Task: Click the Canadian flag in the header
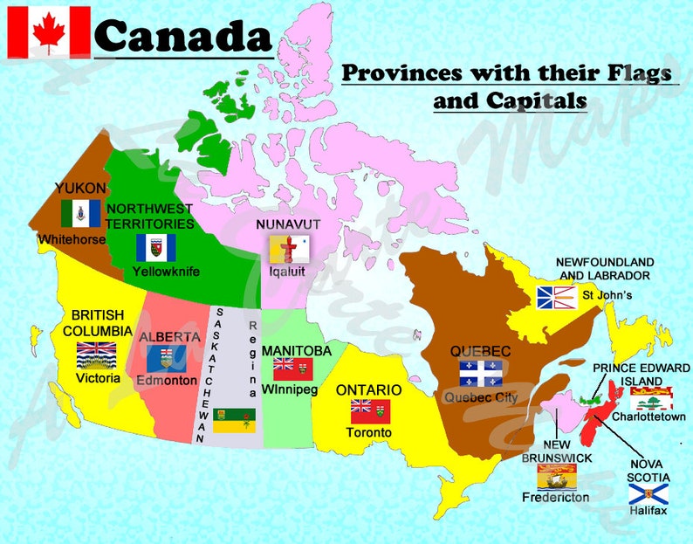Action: [49, 31]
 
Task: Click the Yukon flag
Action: [81, 213]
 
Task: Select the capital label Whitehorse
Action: [72, 238]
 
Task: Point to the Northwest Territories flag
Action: [155, 247]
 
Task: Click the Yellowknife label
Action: [166, 272]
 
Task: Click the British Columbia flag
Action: [96, 355]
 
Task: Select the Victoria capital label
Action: [97, 379]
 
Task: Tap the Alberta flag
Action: [166, 358]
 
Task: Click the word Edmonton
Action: [166, 381]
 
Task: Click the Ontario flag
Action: [371, 410]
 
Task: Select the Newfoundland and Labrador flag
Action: [554, 298]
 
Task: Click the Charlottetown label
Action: [647, 417]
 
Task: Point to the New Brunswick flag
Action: [556, 477]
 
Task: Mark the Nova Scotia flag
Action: [648, 494]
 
